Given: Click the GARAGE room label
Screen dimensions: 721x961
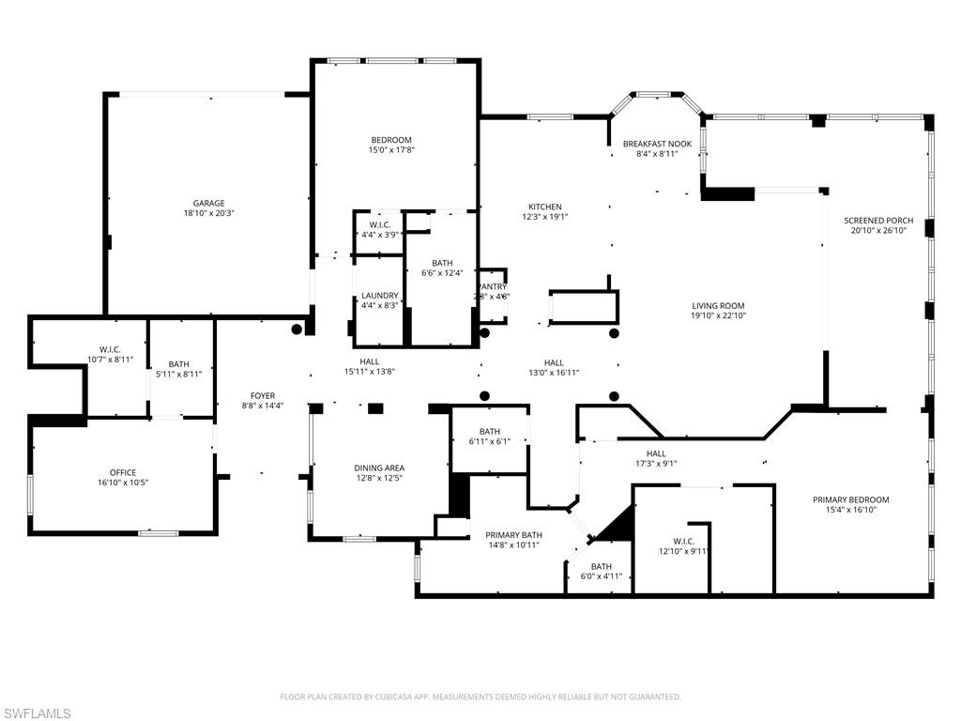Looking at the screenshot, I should pos(208,203).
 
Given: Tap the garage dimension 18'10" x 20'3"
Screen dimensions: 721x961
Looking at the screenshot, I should pos(208,213).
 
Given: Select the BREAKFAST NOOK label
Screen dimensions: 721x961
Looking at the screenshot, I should pos(657,144).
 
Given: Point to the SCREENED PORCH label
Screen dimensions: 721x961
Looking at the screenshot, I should pos(877,220).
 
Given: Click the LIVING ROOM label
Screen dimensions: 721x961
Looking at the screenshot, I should pos(718,305).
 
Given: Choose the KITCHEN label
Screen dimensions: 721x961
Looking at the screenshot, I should pos(544,207).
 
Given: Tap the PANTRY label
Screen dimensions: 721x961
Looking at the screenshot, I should pos(492,286).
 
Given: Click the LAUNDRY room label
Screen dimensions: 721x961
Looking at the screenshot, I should pos(380,296).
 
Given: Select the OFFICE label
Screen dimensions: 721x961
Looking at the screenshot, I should pos(123,472).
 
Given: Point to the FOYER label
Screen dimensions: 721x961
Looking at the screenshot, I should pos(263,395).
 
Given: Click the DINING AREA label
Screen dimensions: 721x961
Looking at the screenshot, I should pos(379,468).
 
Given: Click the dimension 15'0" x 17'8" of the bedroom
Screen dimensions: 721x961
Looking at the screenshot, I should pos(391,150).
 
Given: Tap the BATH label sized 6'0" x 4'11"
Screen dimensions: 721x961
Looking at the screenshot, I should pos(601,566).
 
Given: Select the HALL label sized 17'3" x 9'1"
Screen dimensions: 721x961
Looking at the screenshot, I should pos(655,453).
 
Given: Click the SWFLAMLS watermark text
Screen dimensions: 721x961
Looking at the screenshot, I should pos(36,713).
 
